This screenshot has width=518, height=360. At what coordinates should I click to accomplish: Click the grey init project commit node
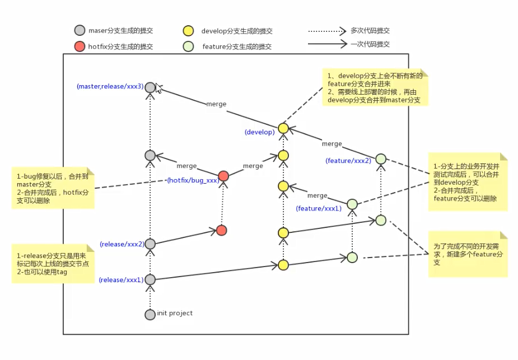tap(150, 315)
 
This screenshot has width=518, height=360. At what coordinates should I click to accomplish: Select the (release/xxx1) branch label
tap(122, 280)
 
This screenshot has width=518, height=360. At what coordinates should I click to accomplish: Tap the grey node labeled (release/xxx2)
tap(150, 244)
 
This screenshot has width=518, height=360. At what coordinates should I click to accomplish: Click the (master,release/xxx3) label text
tap(110, 87)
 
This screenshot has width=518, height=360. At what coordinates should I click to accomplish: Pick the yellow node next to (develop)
tap(283, 128)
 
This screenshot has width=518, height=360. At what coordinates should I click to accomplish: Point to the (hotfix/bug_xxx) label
tap(193, 180)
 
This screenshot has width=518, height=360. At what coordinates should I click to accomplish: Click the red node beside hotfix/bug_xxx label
tap(223, 176)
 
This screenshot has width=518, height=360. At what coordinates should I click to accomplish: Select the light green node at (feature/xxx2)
tap(381, 159)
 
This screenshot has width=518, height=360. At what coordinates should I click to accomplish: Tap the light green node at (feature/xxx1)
tap(352, 204)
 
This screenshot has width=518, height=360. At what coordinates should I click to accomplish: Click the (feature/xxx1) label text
tap(319, 208)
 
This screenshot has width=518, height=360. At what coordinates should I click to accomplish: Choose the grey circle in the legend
tap(80, 30)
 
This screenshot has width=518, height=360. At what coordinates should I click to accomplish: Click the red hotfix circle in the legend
tap(80, 46)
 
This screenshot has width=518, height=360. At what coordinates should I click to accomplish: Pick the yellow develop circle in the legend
tap(188, 31)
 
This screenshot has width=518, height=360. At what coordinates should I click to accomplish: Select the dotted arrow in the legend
tap(327, 31)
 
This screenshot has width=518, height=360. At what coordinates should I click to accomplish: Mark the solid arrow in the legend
tap(327, 44)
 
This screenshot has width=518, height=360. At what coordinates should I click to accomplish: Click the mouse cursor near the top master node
tap(158, 88)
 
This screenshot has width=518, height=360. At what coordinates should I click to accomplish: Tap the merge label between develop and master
tap(216, 104)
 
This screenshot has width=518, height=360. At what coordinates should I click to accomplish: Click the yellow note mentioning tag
tap(53, 264)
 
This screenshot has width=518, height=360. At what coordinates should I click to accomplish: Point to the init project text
tap(175, 313)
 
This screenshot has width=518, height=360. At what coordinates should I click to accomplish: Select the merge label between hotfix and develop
tap(253, 166)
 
